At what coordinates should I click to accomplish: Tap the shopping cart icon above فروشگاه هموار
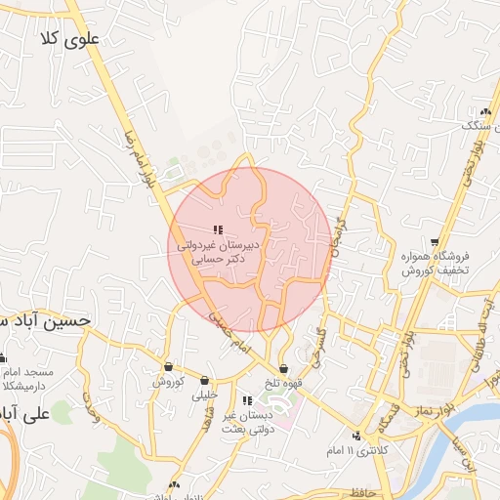(435, 242)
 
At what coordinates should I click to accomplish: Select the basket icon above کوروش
(169, 367)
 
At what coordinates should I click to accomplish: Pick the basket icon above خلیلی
(204, 381)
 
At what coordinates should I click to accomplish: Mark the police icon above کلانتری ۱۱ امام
(357, 436)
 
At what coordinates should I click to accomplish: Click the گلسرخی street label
(318, 346)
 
